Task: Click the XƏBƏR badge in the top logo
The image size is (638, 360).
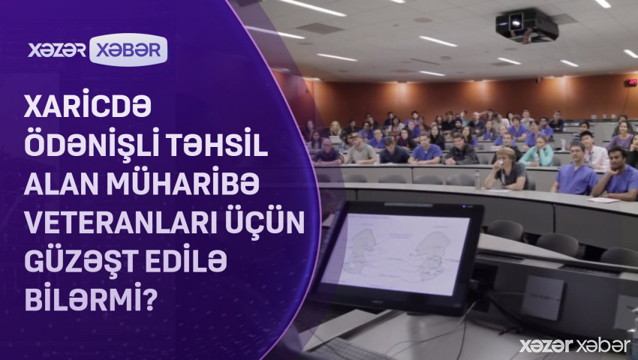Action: click(x=128, y=49)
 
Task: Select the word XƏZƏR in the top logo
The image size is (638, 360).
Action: click(x=57, y=49)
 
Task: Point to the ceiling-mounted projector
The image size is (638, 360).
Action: click(x=526, y=25)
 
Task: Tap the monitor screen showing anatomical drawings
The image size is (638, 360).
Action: click(x=397, y=255)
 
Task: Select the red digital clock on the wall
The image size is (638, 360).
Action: click(x=630, y=82)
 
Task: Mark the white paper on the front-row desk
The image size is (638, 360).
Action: click(x=603, y=199)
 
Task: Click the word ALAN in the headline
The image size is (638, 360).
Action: click(x=63, y=184)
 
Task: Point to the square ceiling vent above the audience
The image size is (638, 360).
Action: click(x=320, y=28)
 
